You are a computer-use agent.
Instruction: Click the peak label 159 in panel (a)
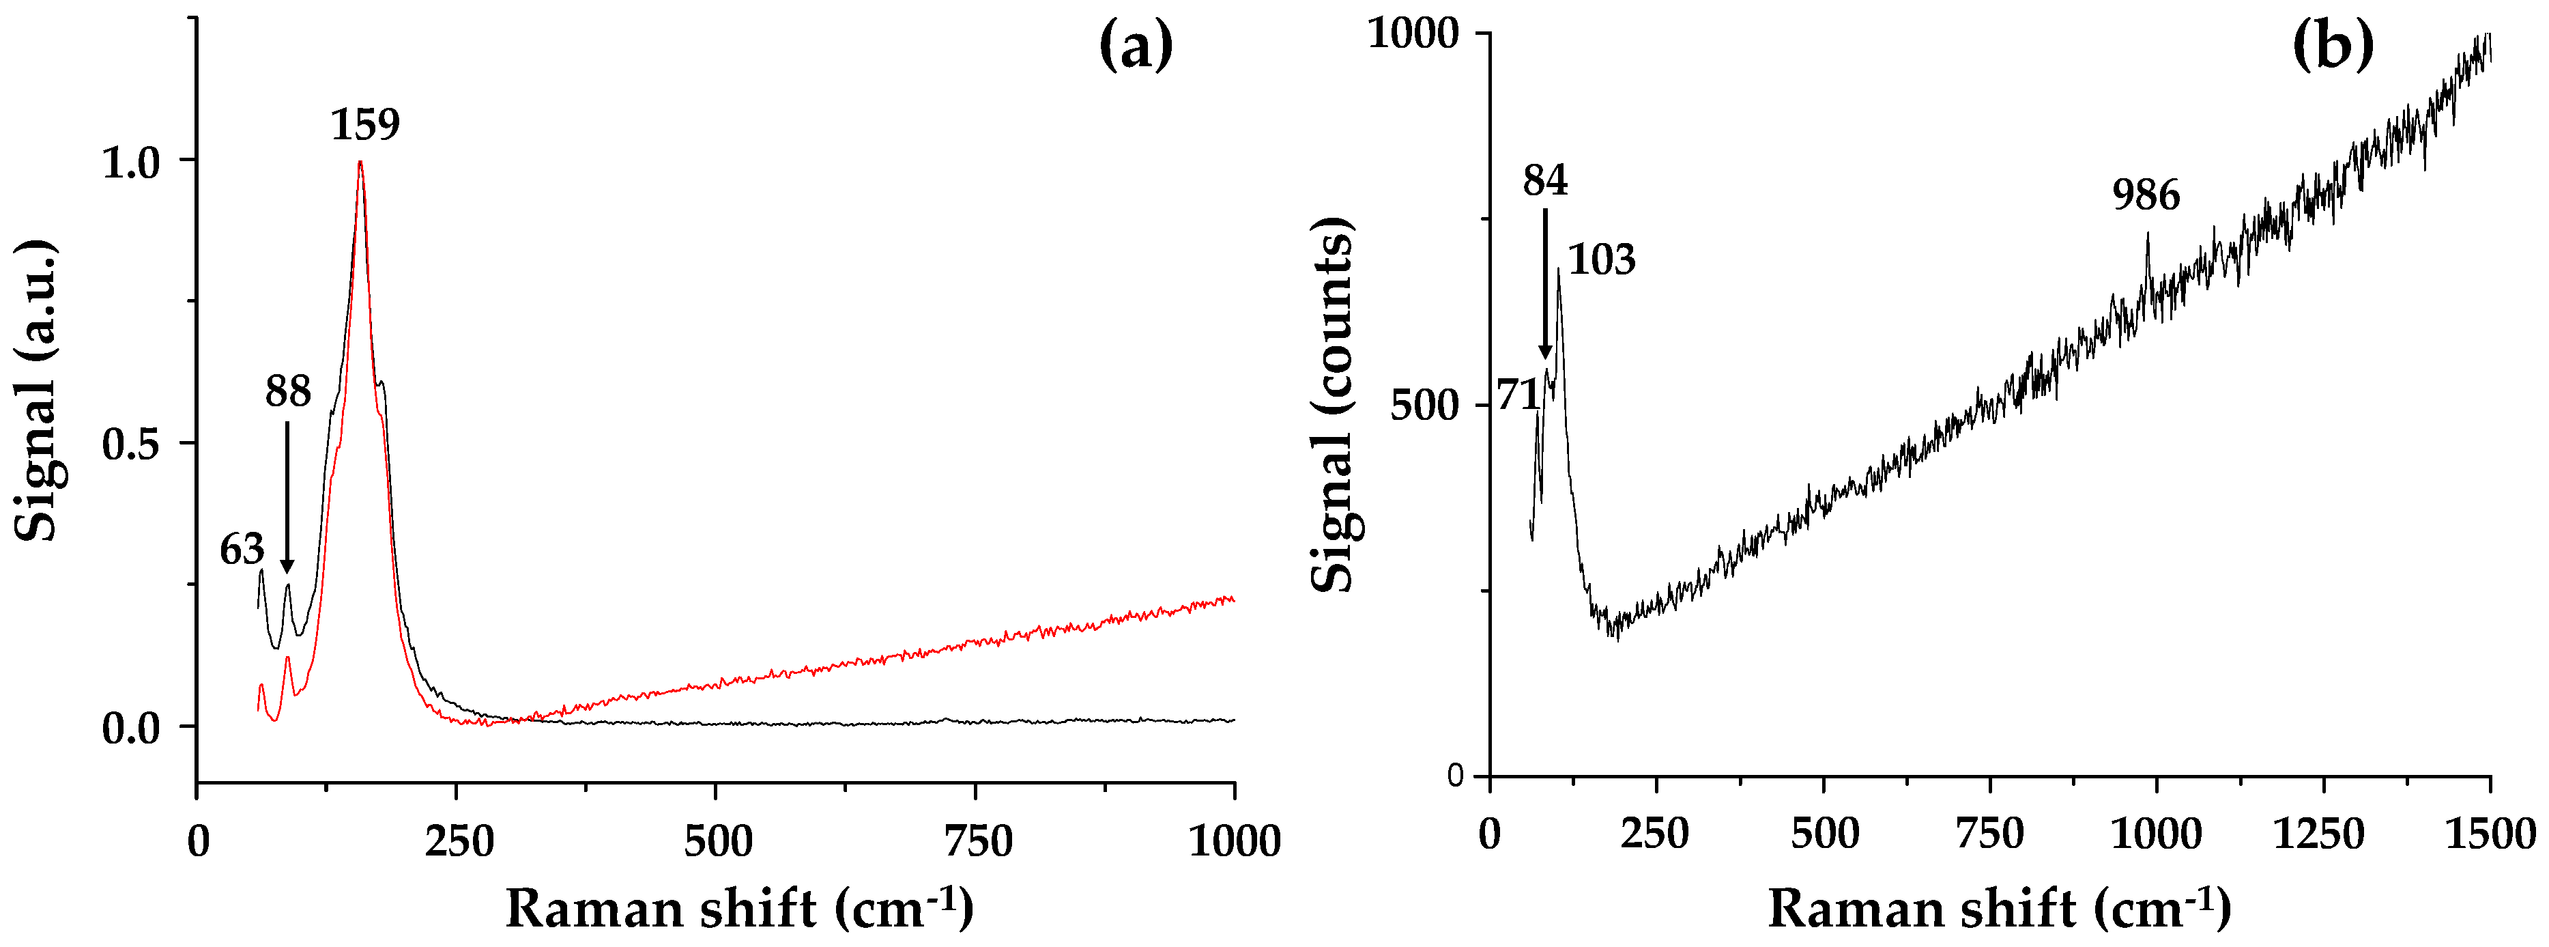click(365, 126)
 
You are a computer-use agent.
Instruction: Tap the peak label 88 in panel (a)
click(288, 393)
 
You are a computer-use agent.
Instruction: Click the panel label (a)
click(1136, 46)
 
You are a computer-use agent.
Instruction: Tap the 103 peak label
click(1602, 260)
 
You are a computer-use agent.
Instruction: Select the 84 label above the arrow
click(1544, 181)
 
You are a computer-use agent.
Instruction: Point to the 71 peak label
click(1518, 396)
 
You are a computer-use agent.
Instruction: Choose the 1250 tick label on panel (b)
click(2318, 835)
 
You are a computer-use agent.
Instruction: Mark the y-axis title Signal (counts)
click(1333, 404)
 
